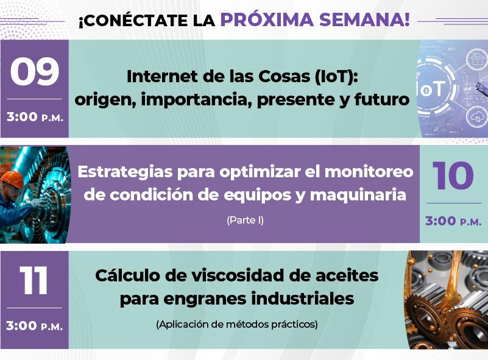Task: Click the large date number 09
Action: (35, 71)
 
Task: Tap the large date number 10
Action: (453, 175)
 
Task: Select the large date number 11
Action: (34, 280)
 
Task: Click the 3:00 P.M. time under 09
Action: (35, 117)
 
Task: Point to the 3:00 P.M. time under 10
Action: (453, 221)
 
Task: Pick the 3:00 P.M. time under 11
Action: (35, 326)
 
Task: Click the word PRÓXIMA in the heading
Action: (267, 19)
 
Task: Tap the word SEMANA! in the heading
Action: (364, 20)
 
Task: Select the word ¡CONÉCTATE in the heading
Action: (133, 21)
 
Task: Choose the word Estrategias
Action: (125, 172)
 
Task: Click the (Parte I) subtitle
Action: (246, 221)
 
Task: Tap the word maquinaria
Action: (358, 196)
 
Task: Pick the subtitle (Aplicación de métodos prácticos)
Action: (237, 325)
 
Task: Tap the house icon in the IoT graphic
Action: (477, 58)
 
